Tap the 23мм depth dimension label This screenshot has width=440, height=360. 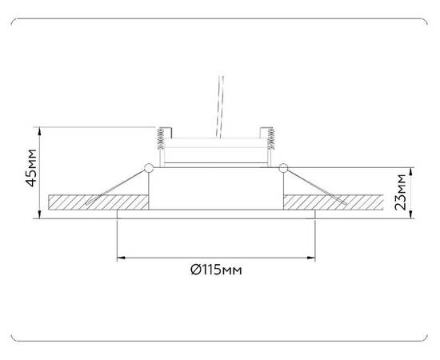(x=403, y=192)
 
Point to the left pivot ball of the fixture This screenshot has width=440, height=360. (x=148, y=167)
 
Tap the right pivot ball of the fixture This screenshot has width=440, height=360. (x=283, y=167)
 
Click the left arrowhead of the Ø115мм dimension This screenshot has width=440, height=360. (x=121, y=258)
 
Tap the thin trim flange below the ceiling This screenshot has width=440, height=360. (x=216, y=215)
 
